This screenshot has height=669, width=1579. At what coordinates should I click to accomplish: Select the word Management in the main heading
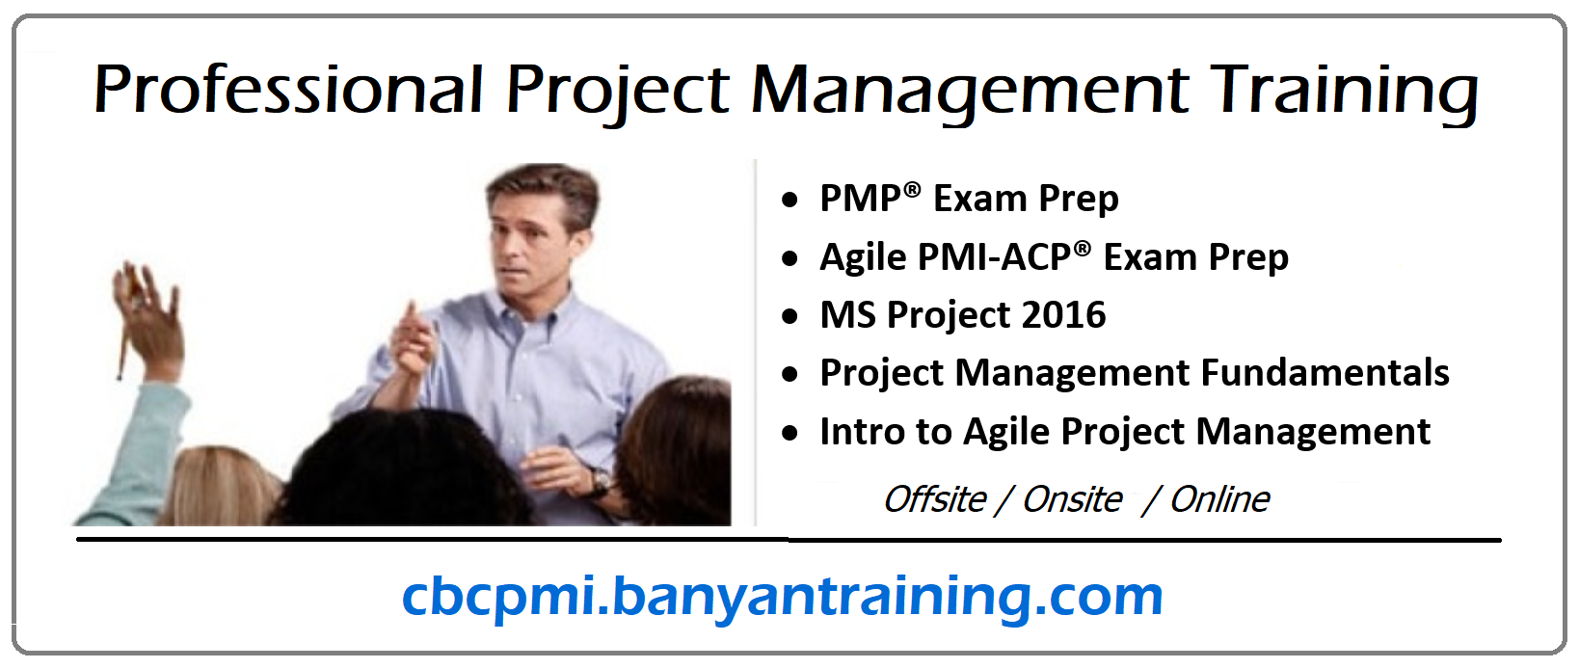tap(970, 91)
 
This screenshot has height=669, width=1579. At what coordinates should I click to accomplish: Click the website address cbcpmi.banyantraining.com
tap(782, 596)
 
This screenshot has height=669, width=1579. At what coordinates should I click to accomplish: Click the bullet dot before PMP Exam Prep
tap(790, 201)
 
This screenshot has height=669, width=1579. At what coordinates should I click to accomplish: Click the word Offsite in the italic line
tap(934, 499)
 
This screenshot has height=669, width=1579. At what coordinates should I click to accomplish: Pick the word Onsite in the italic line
tap(1072, 499)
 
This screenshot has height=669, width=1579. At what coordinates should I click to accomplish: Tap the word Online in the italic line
tap(1219, 499)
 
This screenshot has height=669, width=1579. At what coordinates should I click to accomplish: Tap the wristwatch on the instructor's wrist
tap(599, 479)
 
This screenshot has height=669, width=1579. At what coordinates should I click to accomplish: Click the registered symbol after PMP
tap(911, 190)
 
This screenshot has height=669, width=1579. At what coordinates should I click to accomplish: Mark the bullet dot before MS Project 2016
tap(790, 316)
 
